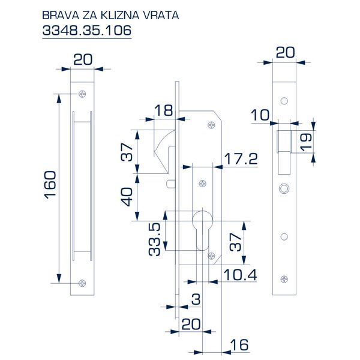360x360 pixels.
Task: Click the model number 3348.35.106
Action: coord(87,30)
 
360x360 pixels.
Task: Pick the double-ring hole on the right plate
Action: coord(283,188)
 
